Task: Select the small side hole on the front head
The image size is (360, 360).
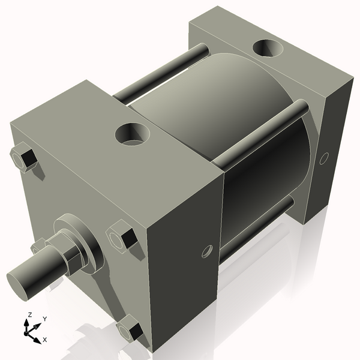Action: point(208,251)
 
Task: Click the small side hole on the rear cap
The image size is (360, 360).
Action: point(324,158)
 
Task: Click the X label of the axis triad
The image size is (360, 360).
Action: point(45,340)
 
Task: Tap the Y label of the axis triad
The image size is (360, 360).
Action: point(45,319)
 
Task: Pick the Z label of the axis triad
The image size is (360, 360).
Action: point(29,314)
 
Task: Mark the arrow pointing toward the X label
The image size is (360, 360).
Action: point(37,335)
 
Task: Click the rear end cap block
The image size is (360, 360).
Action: point(324,108)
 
